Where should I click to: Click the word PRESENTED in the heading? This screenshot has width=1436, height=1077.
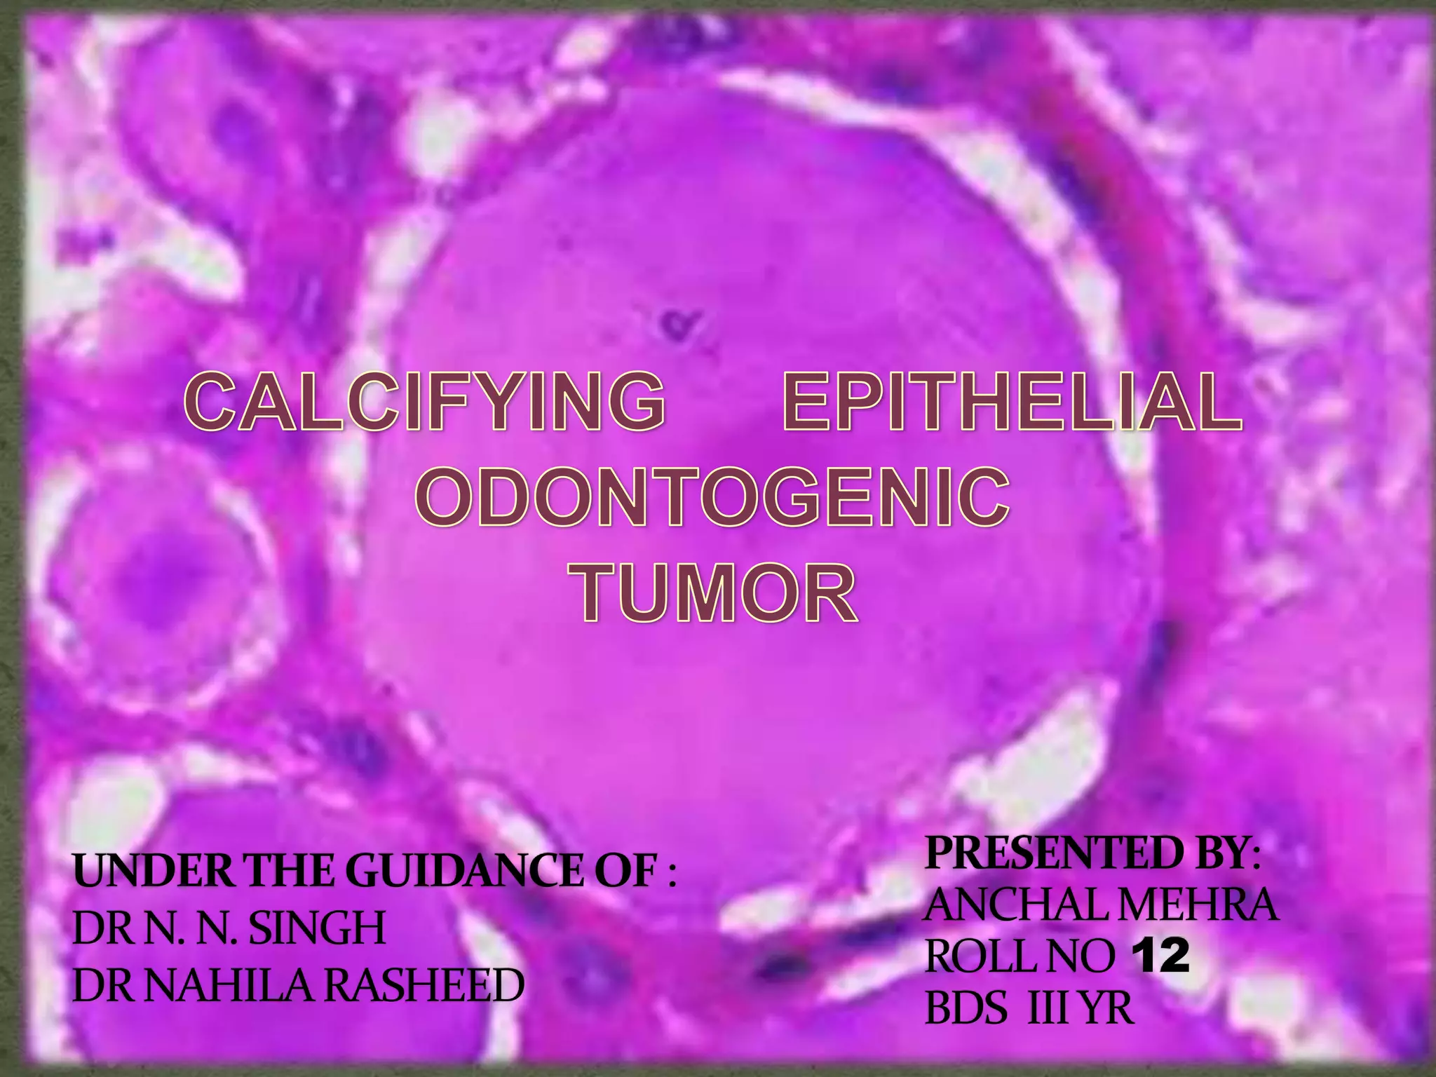coord(1043,853)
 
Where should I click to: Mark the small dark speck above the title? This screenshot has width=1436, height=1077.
coord(675,324)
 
